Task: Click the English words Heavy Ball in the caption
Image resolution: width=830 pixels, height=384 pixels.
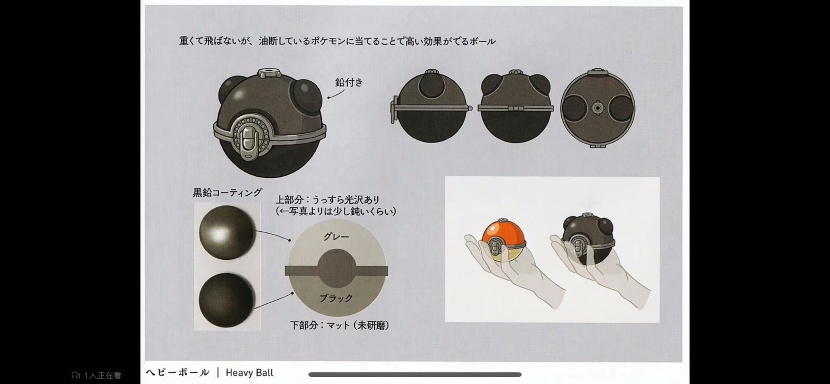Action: tap(249, 373)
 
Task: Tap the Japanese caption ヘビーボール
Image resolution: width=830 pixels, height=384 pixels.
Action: tap(177, 373)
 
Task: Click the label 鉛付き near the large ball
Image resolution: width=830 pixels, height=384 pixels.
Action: tap(349, 82)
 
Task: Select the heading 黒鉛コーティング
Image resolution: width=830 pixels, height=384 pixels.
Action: tap(227, 193)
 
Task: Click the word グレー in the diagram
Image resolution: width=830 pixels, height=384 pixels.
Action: tap(336, 237)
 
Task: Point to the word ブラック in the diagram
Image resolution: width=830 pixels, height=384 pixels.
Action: tap(336, 298)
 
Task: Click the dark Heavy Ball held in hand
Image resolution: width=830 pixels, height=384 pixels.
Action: tap(588, 239)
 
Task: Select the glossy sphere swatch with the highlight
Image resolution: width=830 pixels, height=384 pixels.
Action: tap(227, 232)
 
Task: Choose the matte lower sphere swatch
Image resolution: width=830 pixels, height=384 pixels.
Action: tap(227, 300)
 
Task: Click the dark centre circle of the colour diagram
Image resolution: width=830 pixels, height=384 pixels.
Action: tap(336, 268)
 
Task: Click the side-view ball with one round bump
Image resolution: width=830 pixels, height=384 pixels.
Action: tap(431, 106)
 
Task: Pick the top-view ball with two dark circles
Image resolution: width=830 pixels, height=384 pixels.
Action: tap(598, 108)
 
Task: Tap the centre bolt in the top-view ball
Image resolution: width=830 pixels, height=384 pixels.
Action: tap(597, 108)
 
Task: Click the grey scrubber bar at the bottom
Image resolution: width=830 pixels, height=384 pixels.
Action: tap(415, 374)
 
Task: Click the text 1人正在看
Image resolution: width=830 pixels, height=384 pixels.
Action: tap(102, 375)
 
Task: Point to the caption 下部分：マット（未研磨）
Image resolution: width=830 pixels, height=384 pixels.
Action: tap(339, 325)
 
